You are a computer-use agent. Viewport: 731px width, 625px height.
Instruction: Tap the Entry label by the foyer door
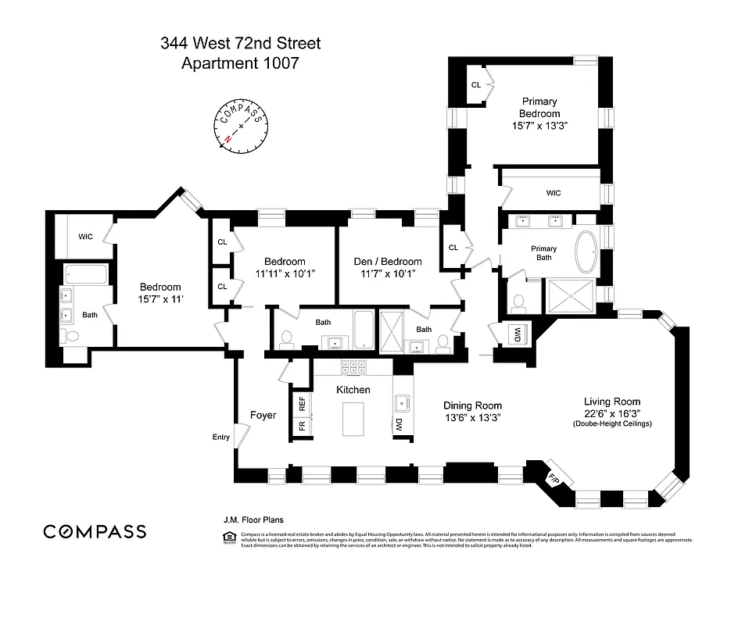pyautogui.click(x=220, y=437)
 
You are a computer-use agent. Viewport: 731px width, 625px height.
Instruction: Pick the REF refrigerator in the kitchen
pyautogui.click(x=302, y=403)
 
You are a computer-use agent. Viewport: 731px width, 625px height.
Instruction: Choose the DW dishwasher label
pyautogui.click(x=399, y=426)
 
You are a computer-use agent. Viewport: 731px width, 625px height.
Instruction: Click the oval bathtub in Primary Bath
pyautogui.click(x=585, y=252)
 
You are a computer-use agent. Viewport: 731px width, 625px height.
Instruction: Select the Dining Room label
pyautogui.click(x=472, y=405)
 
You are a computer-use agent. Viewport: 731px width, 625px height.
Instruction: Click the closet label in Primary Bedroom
pyautogui.click(x=475, y=85)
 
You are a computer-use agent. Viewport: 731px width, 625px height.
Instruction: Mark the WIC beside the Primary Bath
pyautogui.click(x=554, y=193)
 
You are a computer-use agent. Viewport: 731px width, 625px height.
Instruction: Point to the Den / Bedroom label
pyautogui.click(x=390, y=262)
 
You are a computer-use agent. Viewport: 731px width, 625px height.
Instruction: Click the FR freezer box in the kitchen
pyautogui.click(x=302, y=426)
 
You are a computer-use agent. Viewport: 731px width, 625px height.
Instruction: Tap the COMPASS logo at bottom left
pyautogui.click(x=95, y=532)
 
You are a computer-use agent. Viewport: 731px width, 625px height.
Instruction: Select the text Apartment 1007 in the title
pyautogui.click(x=239, y=63)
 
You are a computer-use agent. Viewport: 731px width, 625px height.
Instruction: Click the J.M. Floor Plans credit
pyautogui.click(x=253, y=519)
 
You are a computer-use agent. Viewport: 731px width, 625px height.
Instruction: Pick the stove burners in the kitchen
pyautogui.click(x=353, y=365)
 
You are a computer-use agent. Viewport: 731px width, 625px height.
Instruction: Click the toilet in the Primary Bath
pyautogui.click(x=518, y=301)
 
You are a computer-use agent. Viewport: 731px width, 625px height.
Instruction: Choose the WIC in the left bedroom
pyautogui.click(x=85, y=236)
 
